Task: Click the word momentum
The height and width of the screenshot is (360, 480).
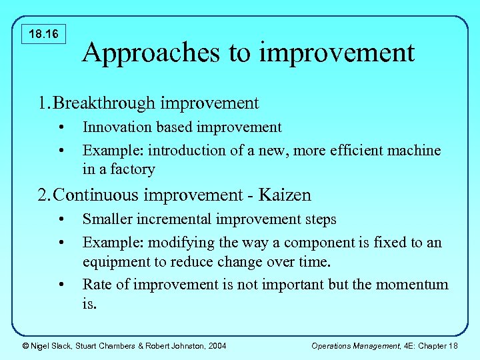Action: click(412, 285)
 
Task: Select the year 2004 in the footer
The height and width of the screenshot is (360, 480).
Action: click(216, 345)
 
